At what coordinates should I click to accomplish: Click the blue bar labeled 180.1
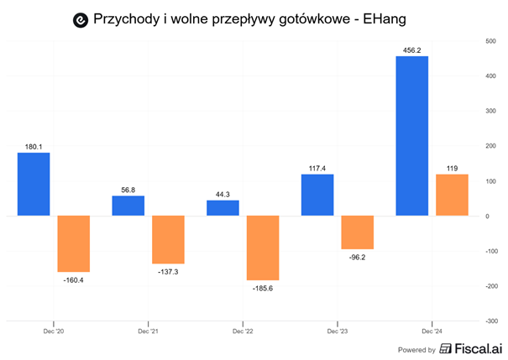pos(33,184)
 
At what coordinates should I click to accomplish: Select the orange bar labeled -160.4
pos(73,243)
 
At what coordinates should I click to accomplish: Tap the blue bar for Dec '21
pos(128,206)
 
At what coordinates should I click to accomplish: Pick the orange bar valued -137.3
pos(168,240)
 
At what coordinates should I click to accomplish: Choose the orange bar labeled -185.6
pos(263,248)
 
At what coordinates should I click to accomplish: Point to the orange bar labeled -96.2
pos(357,232)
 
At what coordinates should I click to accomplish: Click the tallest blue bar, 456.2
pos(411,136)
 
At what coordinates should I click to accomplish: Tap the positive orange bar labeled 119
pos(452,195)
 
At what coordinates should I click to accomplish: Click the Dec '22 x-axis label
pos(243,331)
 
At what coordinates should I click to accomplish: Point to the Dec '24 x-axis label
pos(432,331)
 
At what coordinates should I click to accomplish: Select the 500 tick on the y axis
pos(491,40)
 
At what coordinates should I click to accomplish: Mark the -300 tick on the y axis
pos(490,321)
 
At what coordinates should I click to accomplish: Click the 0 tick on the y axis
pos(487,216)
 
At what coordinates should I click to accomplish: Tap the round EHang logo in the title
pos(81,18)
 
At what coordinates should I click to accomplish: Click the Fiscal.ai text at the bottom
pos(474,349)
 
